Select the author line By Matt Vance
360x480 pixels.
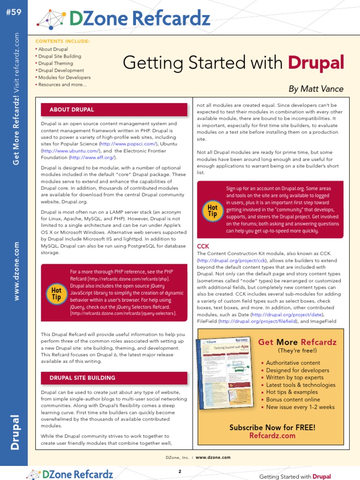315,89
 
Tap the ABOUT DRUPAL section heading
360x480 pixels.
72,110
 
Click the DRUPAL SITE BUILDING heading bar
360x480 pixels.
82,378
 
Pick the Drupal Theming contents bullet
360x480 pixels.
55,63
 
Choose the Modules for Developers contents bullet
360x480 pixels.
64,77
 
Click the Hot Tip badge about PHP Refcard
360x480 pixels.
56,294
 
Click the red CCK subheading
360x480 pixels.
203,246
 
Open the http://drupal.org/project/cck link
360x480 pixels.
232,260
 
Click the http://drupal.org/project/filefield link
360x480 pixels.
256,321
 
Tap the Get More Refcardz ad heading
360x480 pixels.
297,342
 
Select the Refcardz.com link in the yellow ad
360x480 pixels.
272,435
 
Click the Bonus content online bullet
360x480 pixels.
293,400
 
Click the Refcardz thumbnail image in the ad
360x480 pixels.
225,367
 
